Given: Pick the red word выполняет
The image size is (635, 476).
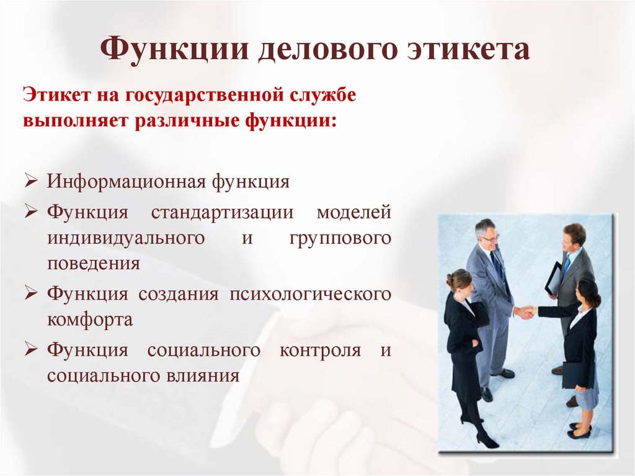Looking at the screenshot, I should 74,119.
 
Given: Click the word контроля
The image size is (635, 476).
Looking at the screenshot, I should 320,350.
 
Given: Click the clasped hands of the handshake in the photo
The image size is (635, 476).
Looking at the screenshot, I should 526,312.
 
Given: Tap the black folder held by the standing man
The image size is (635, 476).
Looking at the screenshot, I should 553,279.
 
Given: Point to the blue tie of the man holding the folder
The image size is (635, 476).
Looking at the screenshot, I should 566,265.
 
